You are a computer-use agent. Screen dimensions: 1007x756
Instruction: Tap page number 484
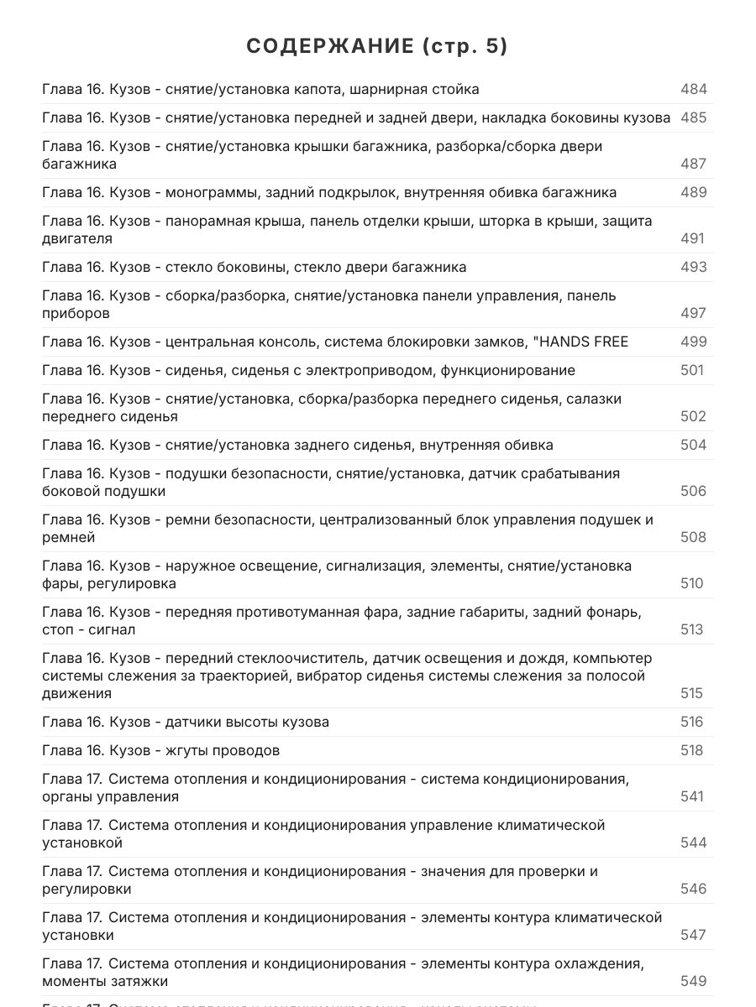click(x=693, y=89)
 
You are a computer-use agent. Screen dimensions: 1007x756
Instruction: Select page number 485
click(x=693, y=117)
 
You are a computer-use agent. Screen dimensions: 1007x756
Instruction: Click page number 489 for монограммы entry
click(x=693, y=192)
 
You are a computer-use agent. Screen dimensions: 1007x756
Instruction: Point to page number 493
click(x=693, y=267)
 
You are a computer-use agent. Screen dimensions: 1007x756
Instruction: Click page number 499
click(x=693, y=342)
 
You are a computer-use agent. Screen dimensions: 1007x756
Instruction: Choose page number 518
click(x=691, y=750)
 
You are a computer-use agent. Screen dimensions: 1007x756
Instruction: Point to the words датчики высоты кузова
click(x=247, y=722)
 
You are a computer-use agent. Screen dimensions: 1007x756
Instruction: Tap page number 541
click(x=692, y=796)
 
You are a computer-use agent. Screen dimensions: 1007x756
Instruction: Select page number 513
click(x=691, y=629)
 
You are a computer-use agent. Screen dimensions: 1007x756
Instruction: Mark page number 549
click(x=693, y=981)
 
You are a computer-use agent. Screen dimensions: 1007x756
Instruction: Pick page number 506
click(x=693, y=491)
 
